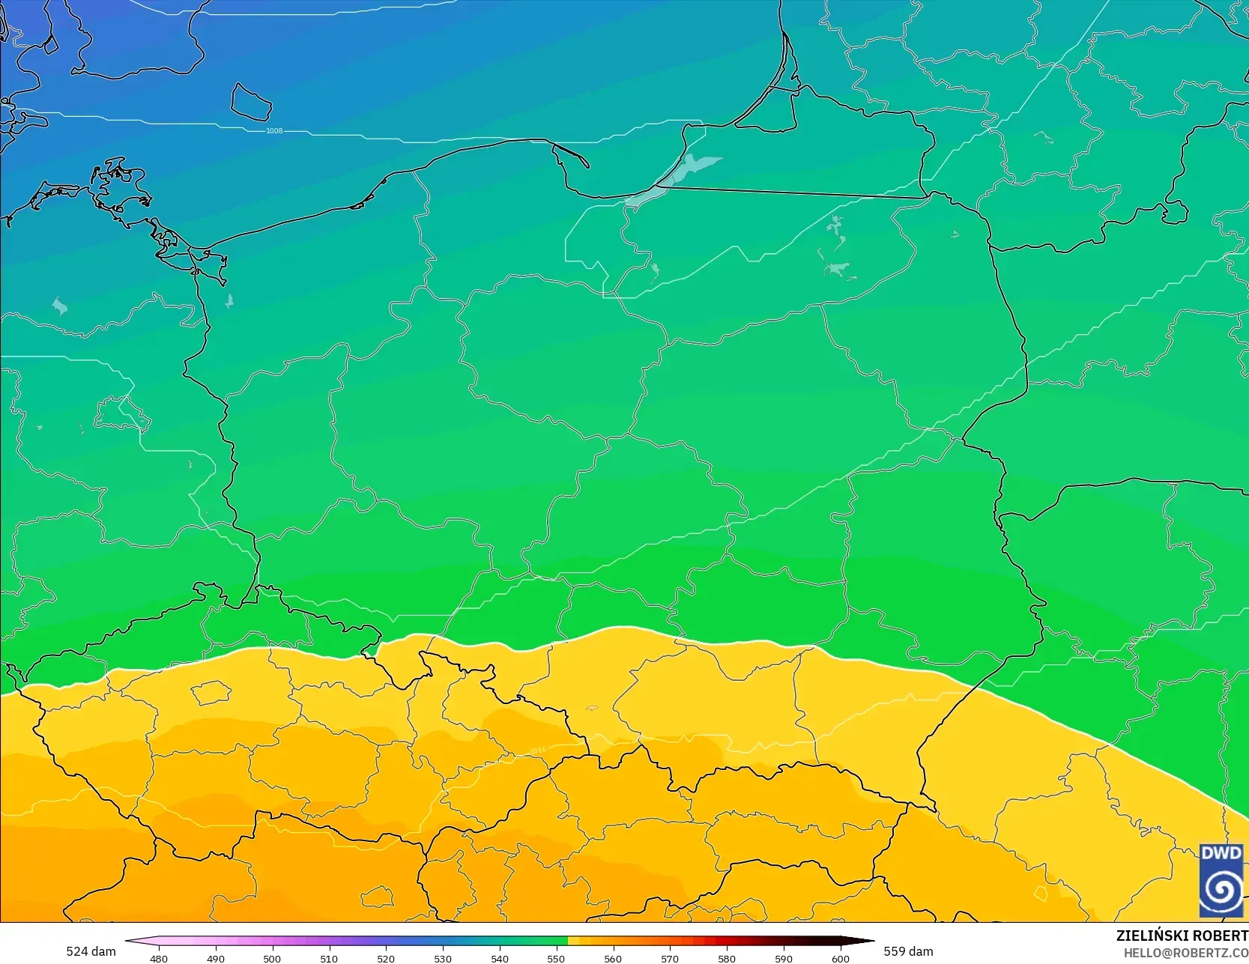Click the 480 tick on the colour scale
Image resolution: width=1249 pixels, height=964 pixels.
click(x=159, y=958)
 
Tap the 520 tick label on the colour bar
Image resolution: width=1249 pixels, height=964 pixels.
click(x=386, y=958)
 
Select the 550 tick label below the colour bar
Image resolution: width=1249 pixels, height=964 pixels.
click(x=556, y=958)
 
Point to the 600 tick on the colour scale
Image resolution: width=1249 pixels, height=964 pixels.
click(x=841, y=958)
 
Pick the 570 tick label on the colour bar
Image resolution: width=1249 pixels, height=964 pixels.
click(x=670, y=958)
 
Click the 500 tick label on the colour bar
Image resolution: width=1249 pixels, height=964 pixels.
click(x=272, y=958)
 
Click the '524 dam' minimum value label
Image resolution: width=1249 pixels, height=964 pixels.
click(x=91, y=951)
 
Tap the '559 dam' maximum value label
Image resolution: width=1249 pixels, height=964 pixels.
click(x=908, y=951)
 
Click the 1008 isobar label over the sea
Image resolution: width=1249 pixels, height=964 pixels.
click(x=274, y=131)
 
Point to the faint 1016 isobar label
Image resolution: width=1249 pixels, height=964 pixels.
click(x=537, y=750)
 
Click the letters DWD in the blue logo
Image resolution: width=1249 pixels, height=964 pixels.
click(x=1221, y=853)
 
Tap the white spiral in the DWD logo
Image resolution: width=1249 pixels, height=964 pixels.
click(x=1221, y=889)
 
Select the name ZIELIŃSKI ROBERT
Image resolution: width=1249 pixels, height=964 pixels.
click(x=1182, y=936)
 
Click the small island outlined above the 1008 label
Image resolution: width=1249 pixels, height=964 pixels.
click(x=250, y=102)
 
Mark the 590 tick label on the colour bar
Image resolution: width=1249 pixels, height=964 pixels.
click(x=784, y=958)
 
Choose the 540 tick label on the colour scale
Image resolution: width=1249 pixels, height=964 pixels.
click(x=500, y=958)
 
